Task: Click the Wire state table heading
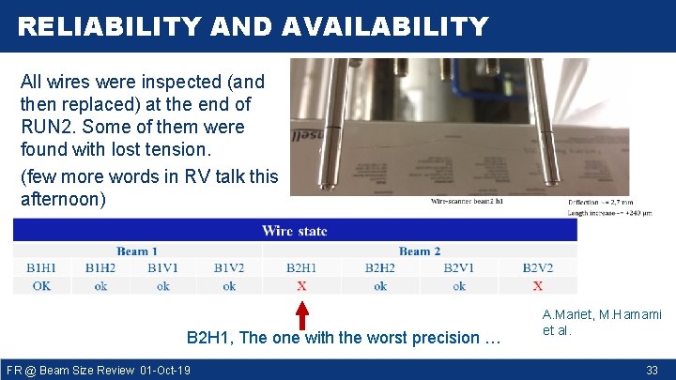point(295,231)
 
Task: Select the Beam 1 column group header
point(137,251)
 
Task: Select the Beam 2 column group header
point(420,251)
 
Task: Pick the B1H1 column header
point(42,268)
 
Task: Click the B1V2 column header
point(229,268)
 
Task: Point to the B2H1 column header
point(301,268)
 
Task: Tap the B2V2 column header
point(538,268)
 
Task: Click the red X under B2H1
point(301,286)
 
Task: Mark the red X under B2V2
point(538,286)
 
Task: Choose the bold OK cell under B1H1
point(42,286)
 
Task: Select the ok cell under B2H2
point(380,286)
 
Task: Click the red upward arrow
point(301,312)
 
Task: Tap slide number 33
point(652,371)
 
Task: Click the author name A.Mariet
point(566,315)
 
